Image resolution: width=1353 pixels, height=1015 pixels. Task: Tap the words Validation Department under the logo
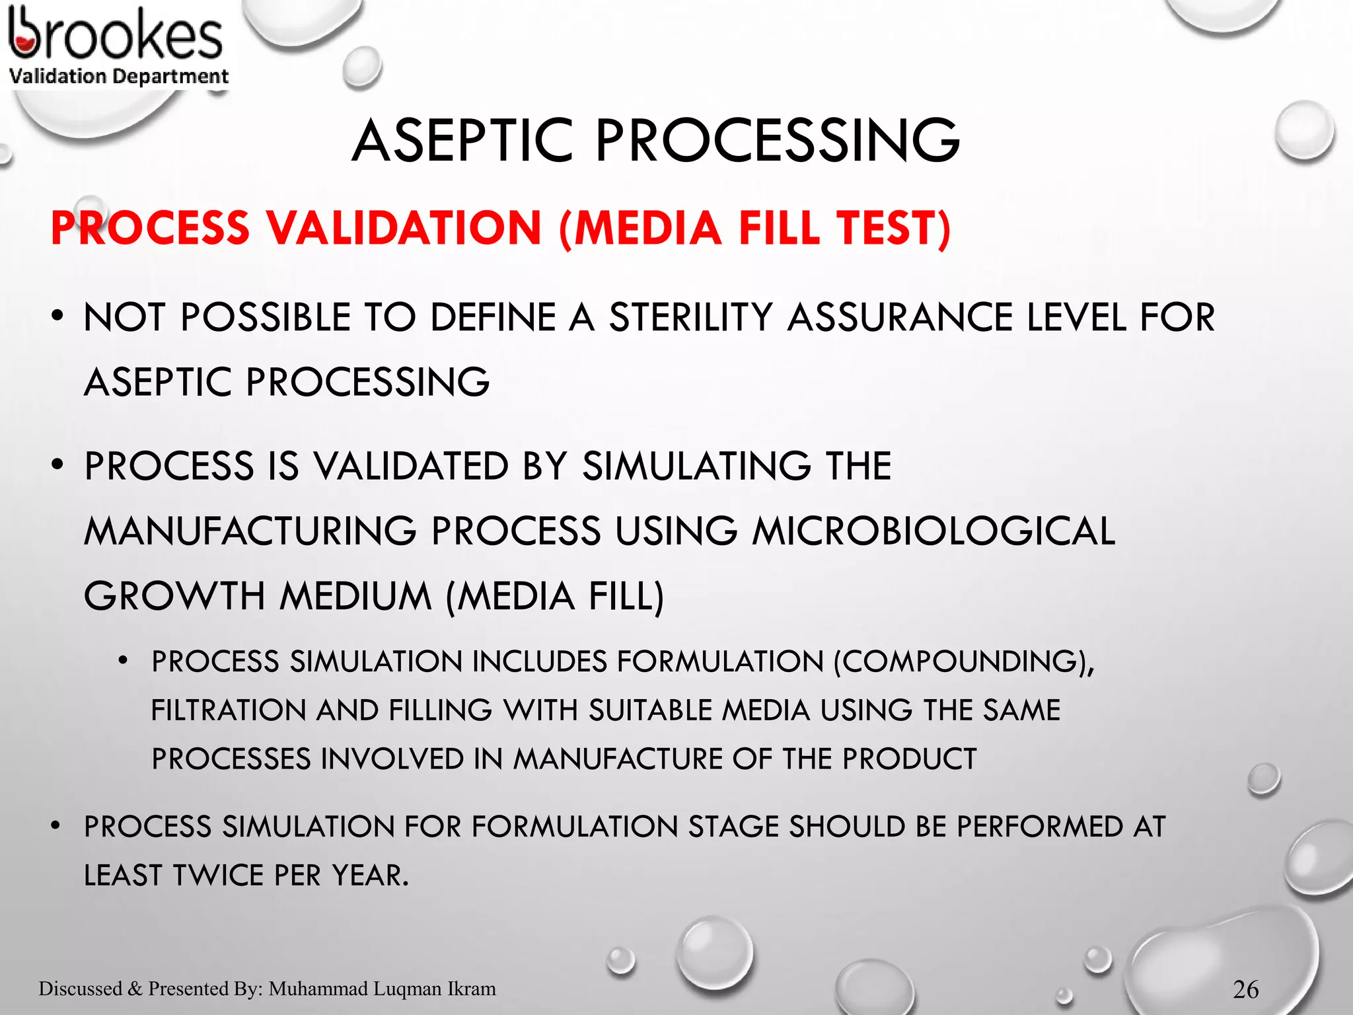coord(119,77)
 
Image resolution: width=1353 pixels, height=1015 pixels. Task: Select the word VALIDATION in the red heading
coord(404,229)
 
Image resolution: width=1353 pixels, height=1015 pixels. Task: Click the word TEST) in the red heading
coord(894,229)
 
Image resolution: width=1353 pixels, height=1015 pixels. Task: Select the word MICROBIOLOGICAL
coord(933,531)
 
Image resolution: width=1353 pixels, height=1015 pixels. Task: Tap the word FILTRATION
coord(228,711)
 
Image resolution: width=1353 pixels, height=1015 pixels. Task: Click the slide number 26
coord(1245,989)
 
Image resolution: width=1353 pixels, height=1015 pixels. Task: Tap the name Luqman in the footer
coord(408,989)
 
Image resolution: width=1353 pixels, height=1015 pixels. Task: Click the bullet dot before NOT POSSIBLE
coord(58,317)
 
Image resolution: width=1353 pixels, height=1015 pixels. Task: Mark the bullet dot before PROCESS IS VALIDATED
coord(58,465)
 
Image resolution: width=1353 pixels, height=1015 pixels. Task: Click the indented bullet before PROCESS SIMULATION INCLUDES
coord(123,661)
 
